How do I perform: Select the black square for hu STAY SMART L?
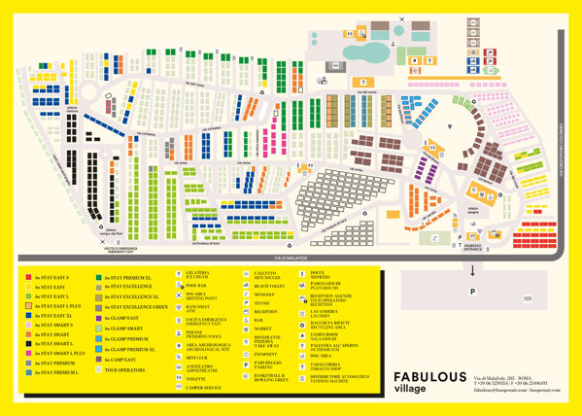(28, 344)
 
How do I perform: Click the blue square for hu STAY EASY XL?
(28, 316)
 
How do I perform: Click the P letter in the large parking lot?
(472, 290)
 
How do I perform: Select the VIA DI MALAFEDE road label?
(291, 258)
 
